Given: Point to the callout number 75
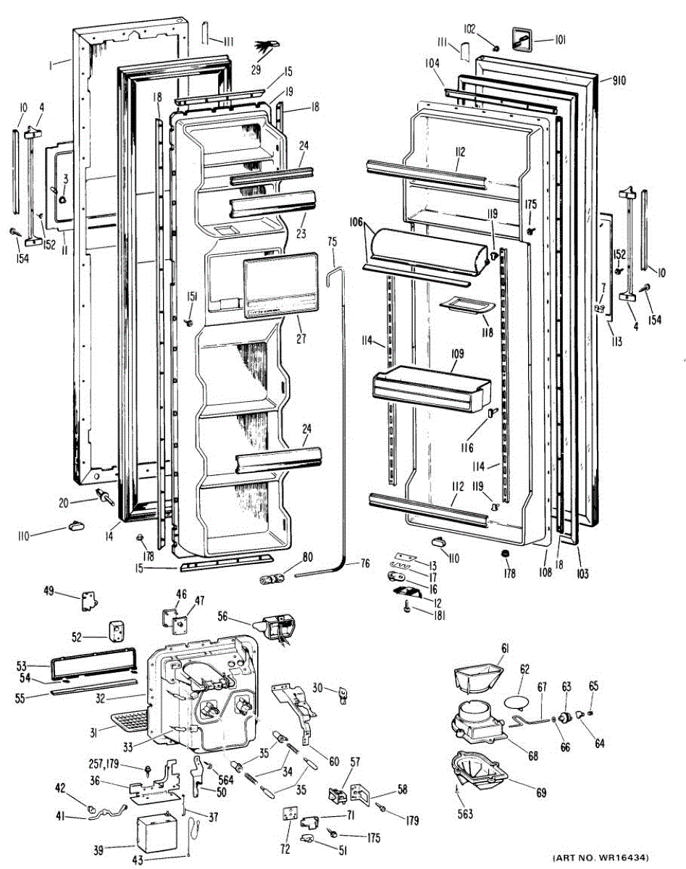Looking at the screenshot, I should coord(332,241).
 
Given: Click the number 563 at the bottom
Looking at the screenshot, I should coord(464,814).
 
